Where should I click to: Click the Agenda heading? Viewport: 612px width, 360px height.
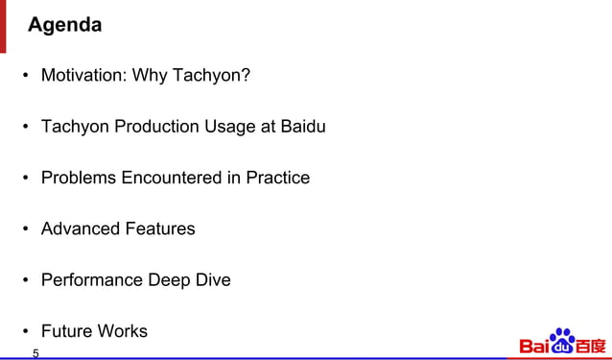coord(65,26)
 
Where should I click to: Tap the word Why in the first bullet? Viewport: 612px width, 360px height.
coord(150,75)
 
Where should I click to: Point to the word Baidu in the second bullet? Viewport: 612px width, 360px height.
coord(302,127)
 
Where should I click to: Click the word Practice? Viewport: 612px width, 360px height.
coord(277,178)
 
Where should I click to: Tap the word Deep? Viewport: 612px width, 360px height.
coord(169,280)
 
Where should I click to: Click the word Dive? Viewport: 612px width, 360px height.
coord(213,280)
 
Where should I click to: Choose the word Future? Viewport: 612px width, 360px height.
coord(66,331)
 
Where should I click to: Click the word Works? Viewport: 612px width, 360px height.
coord(122,331)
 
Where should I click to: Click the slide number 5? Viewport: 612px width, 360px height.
coord(35,353)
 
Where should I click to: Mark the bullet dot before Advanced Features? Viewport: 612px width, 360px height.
coord(28,229)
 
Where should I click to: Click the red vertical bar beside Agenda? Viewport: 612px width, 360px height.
coord(4,26)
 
